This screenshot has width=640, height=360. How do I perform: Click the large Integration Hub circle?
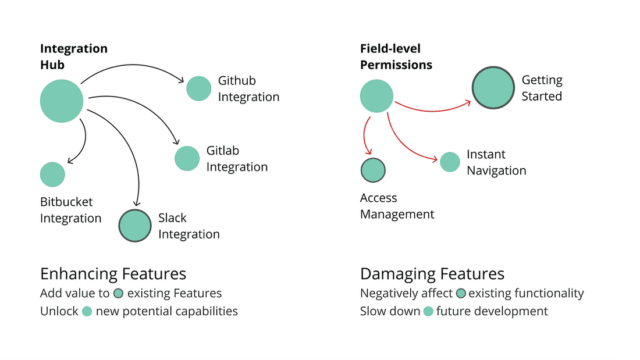pos(62,101)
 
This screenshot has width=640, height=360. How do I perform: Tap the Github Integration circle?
pos(199,88)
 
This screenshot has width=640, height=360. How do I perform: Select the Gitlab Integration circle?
pos(187,158)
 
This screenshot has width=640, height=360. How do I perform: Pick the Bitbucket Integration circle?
pos(52,174)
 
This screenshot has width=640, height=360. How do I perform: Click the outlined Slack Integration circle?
pos(135,226)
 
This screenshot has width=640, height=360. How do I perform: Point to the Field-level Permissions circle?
pos(376,96)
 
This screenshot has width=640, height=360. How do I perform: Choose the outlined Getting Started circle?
pos(493,88)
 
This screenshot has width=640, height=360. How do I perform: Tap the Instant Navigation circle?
pos(450,162)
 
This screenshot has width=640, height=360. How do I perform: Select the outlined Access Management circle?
pos(373,170)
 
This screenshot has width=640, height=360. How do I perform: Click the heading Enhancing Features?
pos(113,274)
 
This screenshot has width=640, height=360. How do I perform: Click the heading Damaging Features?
pos(432,274)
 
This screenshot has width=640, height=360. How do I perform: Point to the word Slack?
pos(172,218)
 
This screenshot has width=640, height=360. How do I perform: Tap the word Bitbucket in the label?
pos(66,202)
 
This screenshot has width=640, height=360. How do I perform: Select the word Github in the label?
pos(237,81)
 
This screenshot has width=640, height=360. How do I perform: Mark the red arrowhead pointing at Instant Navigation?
pos(435,159)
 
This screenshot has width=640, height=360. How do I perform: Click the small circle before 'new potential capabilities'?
pos(87,312)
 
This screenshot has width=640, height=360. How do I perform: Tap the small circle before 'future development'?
pos(428,312)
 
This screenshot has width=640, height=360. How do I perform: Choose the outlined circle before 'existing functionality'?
pos(461,294)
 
